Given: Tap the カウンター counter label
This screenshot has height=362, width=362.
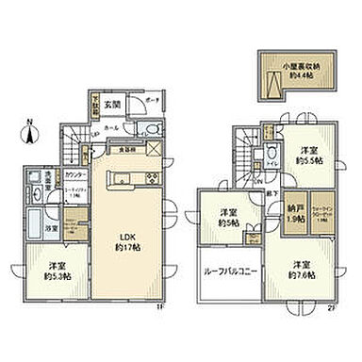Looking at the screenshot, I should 77,175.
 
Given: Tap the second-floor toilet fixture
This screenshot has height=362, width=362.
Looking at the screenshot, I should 272,156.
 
